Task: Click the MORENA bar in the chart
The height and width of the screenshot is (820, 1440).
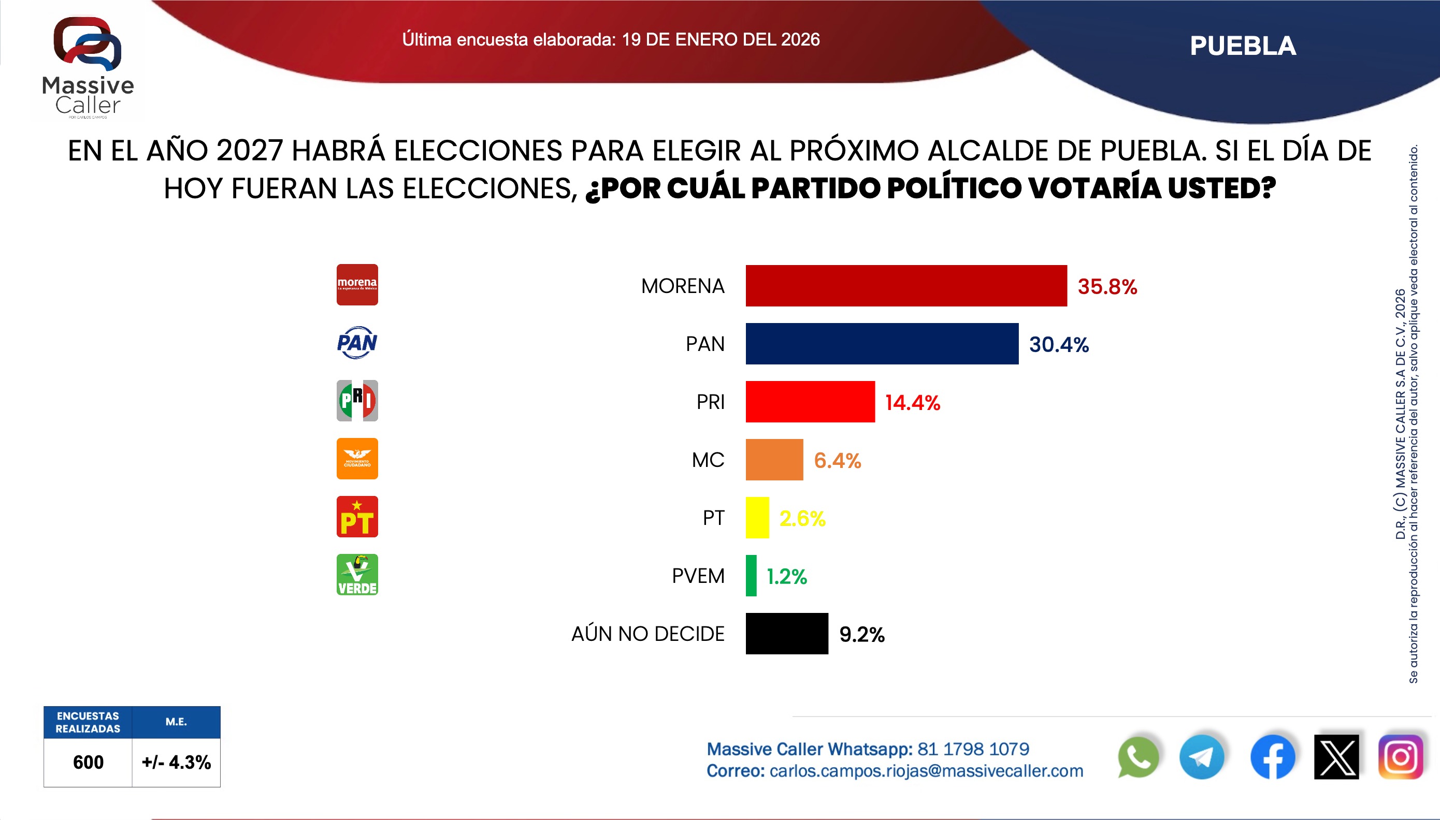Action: coord(906,286)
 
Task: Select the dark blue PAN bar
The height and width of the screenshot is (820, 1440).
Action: coord(882,344)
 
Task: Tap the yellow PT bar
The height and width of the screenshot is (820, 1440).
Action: coord(757,518)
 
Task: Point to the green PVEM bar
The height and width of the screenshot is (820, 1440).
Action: coord(751,576)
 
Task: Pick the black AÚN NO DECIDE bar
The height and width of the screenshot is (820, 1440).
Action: coord(786,634)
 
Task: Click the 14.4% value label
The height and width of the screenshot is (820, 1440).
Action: coord(912,403)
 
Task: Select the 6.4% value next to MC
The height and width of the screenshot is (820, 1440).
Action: coord(837,461)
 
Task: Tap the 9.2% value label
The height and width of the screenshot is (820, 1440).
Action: coord(861,635)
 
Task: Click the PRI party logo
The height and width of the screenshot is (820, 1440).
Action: coord(357,401)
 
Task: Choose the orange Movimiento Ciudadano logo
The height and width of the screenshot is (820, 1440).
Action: coord(357,459)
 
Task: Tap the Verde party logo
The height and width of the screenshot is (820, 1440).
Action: coord(357,575)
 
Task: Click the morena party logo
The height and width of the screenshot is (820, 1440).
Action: coord(357,285)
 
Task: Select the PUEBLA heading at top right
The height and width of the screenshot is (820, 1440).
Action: coord(1243,46)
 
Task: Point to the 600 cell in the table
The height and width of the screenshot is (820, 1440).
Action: coord(88,762)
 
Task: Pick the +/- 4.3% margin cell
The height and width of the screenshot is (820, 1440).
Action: coord(176,762)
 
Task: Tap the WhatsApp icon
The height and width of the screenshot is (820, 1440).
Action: coord(1138,757)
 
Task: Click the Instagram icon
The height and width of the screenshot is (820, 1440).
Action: coord(1401,757)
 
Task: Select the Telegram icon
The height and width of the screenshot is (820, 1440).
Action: coord(1202,757)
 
